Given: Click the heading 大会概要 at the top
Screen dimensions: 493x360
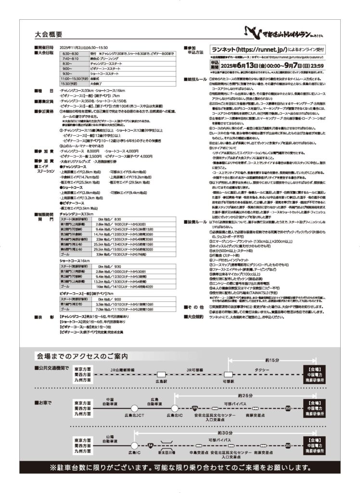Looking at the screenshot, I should pyautogui.click(x=49, y=35).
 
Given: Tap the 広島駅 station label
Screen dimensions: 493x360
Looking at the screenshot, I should pyautogui.click(x=160, y=380).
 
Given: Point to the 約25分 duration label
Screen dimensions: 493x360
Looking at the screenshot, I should pyautogui.click(x=245, y=395).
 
